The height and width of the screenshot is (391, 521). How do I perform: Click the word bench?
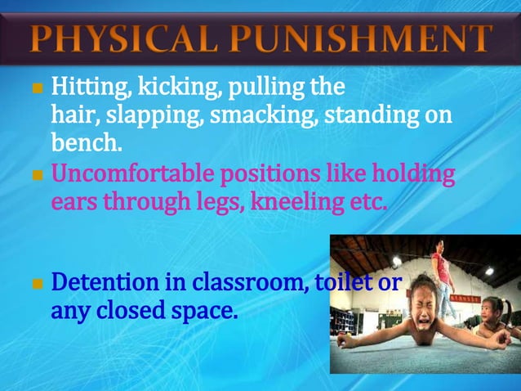86,145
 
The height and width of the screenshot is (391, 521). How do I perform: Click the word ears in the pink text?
73,203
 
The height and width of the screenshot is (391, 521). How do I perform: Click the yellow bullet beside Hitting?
35,87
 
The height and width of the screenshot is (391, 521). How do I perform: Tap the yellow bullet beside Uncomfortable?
35,175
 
